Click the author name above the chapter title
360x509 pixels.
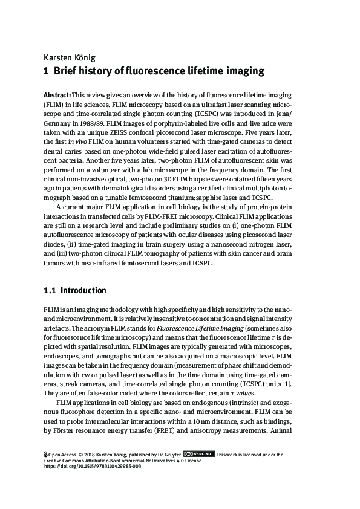[70, 57]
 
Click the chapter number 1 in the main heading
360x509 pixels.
[46, 71]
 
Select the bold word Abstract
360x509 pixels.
[57, 96]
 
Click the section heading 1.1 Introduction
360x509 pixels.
[74, 291]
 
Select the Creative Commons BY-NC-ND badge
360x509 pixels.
[198, 454]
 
